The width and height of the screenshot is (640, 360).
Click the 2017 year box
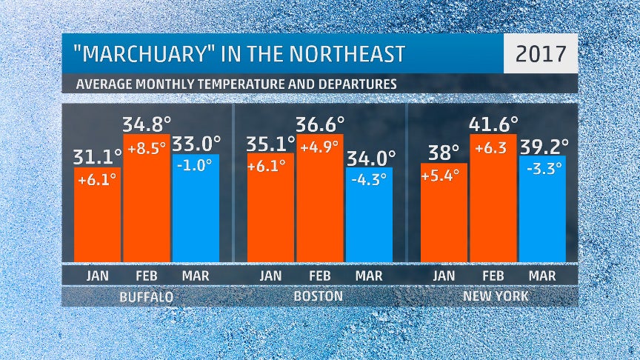point(540,53)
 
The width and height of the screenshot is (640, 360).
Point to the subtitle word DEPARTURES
point(354,84)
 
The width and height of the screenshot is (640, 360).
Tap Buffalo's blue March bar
point(196,215)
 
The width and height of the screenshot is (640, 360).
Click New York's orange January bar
point(444,219)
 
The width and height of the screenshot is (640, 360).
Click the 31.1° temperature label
point(97,156)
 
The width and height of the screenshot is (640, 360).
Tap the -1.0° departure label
point(196,167)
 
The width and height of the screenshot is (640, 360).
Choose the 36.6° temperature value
point(320,123)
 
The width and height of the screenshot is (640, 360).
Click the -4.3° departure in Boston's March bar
point(369,179)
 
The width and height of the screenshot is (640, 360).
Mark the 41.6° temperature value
point(493,122)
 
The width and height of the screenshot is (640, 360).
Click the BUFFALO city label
point(147,297)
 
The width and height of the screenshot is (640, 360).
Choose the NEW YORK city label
point(493,297)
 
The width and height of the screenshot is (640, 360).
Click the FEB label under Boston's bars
point(320,276)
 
